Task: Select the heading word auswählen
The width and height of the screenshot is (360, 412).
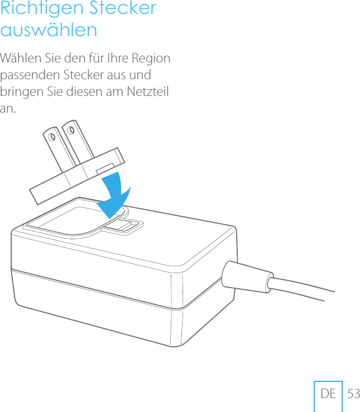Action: coord(49,30)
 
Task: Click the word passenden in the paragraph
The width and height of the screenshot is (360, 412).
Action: coord(29,75)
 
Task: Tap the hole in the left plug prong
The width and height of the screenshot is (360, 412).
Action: coord(53,137)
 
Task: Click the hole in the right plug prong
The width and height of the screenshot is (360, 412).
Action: coord(72,129)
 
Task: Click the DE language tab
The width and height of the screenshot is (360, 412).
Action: coord(328,394)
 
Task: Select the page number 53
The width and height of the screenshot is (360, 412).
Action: coord(353,394)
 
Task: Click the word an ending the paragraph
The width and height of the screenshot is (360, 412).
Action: coord(8,108)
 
